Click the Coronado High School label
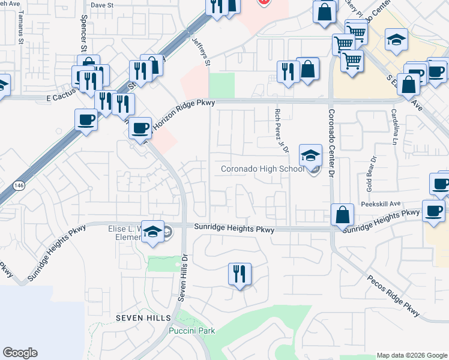[263, 169]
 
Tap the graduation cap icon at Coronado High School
[310, 156]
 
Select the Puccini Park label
[192, 331]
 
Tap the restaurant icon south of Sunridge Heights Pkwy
[240, 274]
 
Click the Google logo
[20, 353]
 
